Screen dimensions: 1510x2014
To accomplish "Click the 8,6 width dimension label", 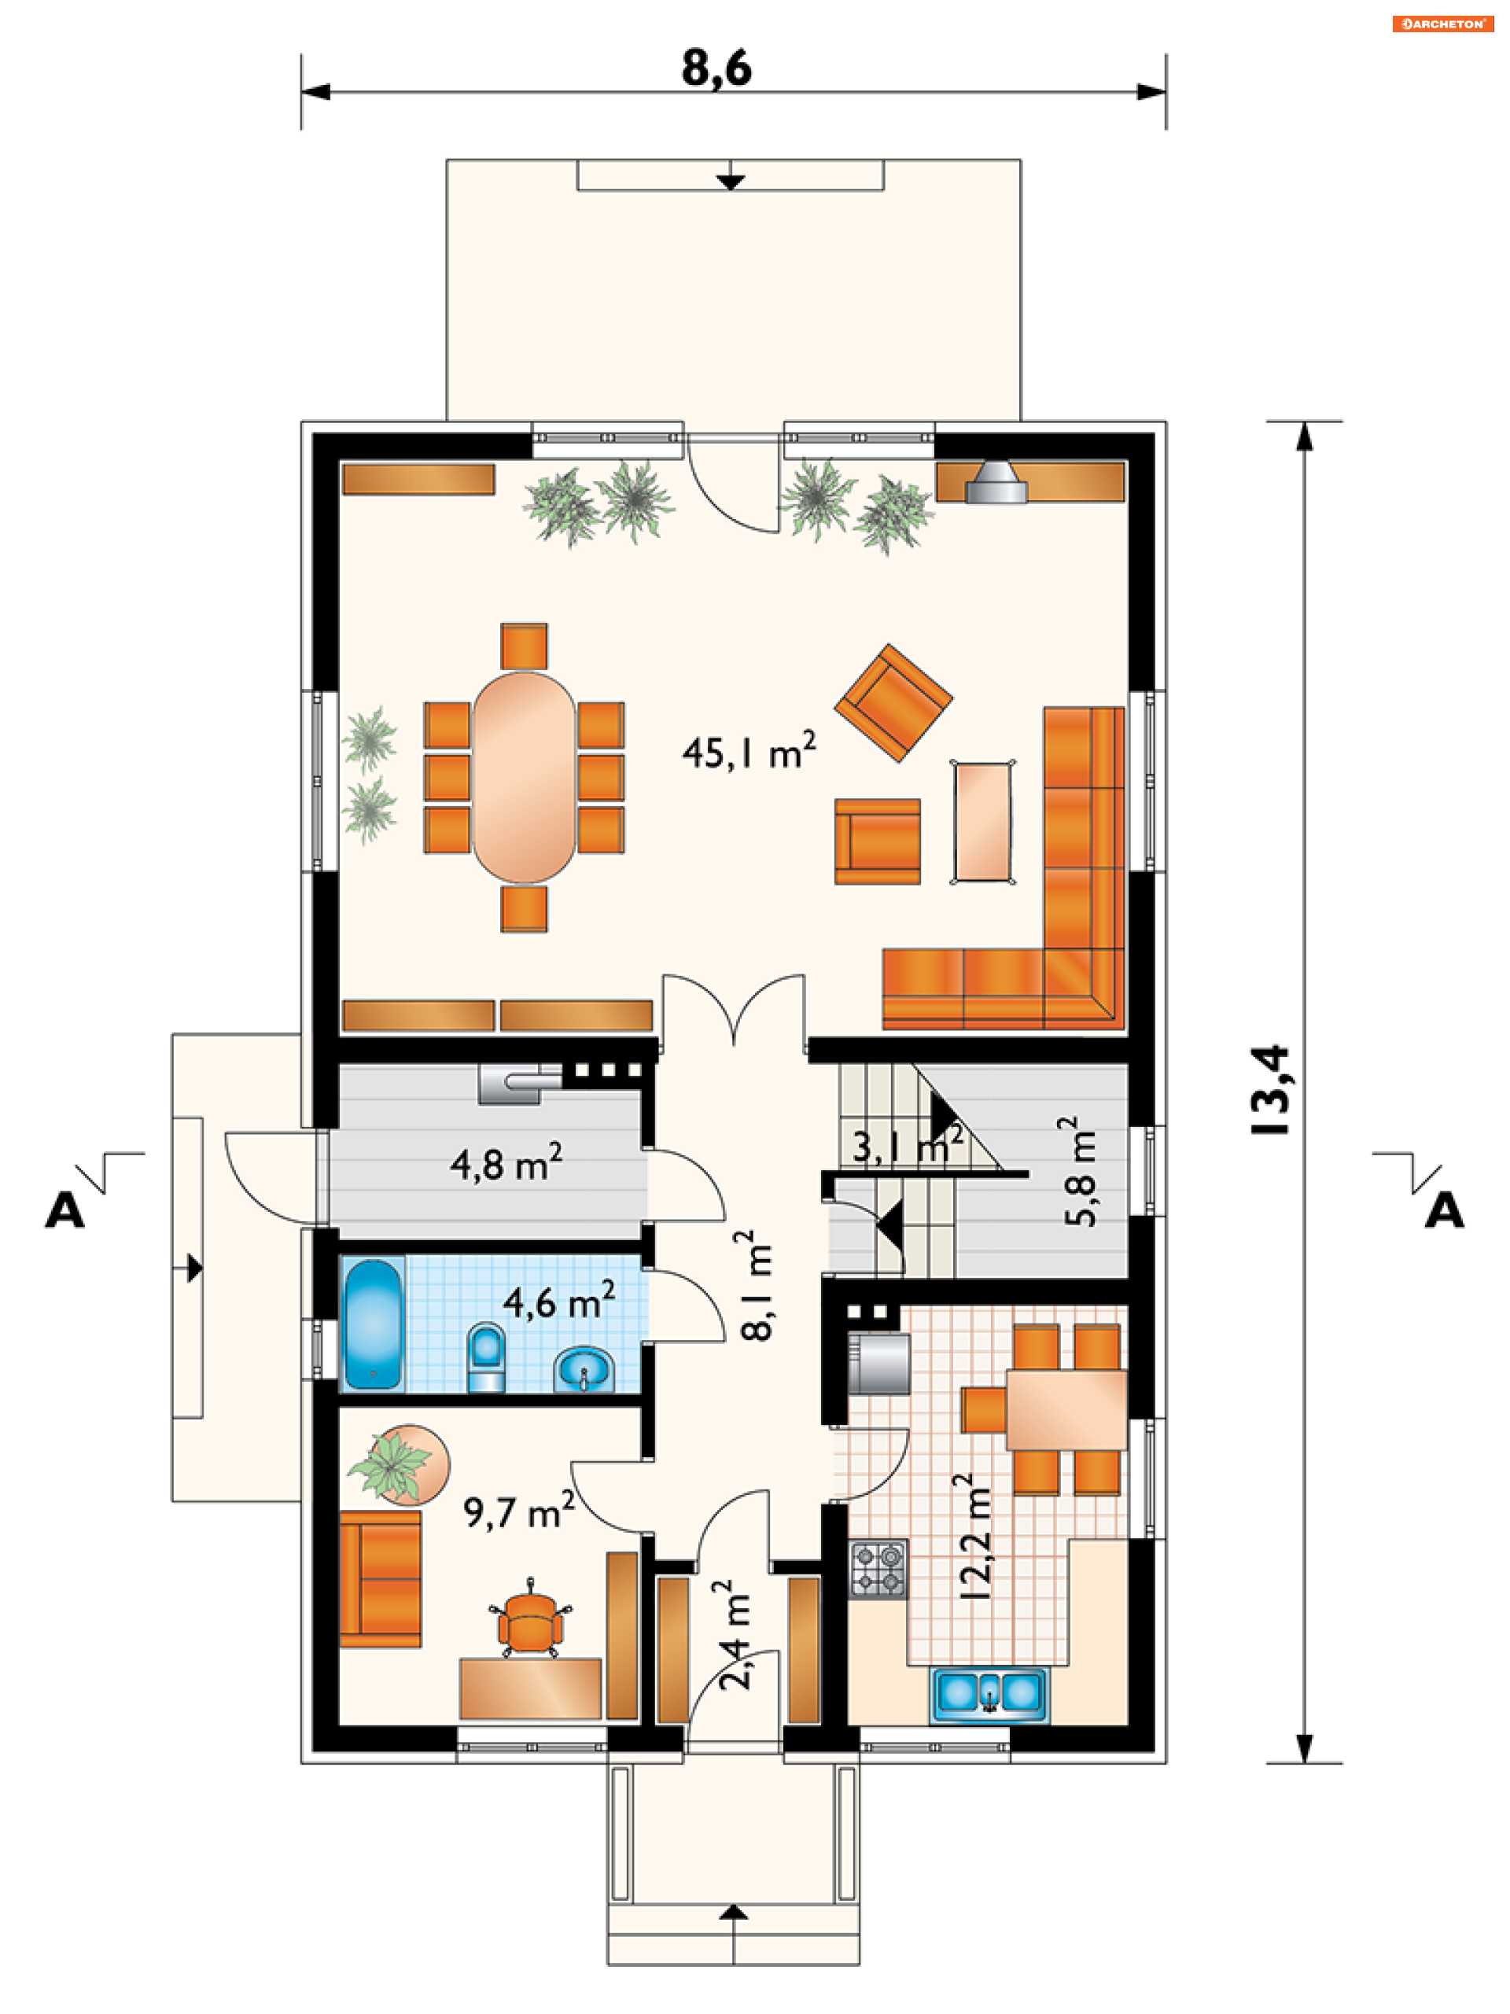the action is [716, 68].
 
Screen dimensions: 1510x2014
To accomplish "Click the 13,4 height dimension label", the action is [1270, 1089].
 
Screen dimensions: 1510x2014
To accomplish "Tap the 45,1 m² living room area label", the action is [749, 751].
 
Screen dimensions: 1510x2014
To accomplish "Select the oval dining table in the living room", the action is [524, 778].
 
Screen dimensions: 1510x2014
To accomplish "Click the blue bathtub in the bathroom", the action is [374, 1324].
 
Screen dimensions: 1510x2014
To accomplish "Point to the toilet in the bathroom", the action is [485, 1357].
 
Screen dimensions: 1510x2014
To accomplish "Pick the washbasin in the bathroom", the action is [584, 1369].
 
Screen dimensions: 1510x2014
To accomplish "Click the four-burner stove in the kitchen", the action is [878, 1569].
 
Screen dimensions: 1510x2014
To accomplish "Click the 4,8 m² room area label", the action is [506, 1162].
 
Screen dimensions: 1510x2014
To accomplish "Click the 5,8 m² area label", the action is [1080, 1171].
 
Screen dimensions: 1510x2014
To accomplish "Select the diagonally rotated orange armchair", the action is [893, 703].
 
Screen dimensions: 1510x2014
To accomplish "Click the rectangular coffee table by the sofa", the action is [983, 822].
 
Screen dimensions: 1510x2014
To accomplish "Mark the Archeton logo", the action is [1442, 24].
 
